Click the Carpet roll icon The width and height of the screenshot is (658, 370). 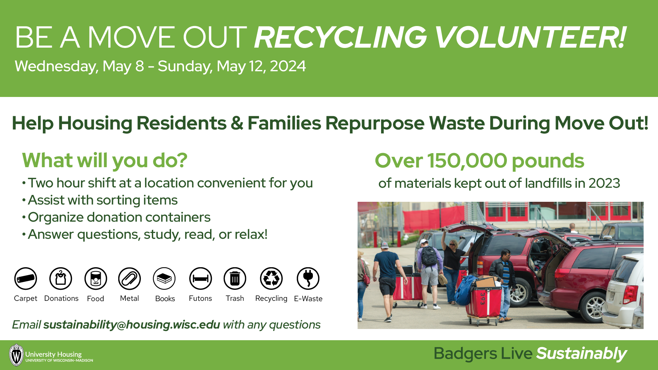pyautogui.click(x=26, y=279)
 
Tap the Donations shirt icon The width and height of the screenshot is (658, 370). pyautogui.click(x=61, y=279)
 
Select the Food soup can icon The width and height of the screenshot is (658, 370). pyautogui.click(x=96, y=279)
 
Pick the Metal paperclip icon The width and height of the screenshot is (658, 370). pyautogui.click(x=130, y=279)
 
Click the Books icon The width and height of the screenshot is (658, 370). pyautogui.click(x=164, y=279)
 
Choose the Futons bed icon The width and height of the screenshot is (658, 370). pyautogui.click(x=200, y=279)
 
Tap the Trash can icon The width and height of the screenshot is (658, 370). pyautogui.click(x=235, y=279)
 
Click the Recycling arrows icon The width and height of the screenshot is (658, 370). pyautogui.click(x=271, y=279)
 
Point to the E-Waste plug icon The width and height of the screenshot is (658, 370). pyautogui.click(x=308, y=279)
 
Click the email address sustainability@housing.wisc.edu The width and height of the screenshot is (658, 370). pyautogui.click(x=132, y=324)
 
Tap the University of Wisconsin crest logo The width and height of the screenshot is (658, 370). pyautogui.click(x=16, y=355)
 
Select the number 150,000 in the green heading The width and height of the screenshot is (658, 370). pyautogui.click(x=467, y=161)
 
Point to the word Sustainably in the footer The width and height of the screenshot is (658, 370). pyautogui.click(x=581, y=354)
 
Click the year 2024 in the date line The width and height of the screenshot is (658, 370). pyautogui.click(x=288, y=66)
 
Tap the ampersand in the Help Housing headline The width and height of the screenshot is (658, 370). pyautogui.click(x=237, y=123)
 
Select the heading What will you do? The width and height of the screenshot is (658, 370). pyautogui.click(x=105, y=160)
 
